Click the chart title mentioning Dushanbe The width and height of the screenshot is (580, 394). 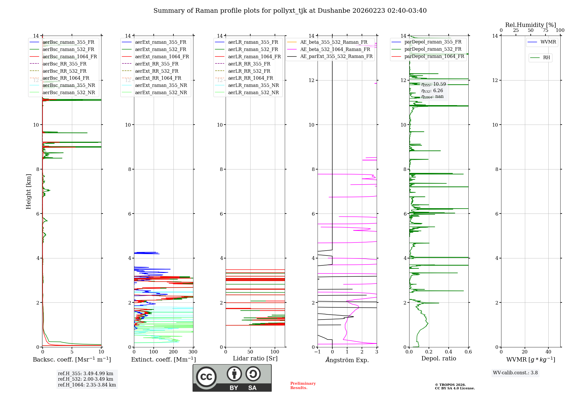click(x=290, y=11)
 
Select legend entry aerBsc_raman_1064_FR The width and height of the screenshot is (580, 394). click(x=70, y=56)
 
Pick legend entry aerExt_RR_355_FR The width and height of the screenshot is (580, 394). click(x=157, y=64)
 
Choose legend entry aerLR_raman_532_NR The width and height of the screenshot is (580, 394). click(x=253, y=92)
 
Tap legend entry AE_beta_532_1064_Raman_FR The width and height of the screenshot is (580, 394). click(x=335, y=49)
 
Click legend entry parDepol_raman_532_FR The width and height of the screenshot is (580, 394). click(x=433, y=49)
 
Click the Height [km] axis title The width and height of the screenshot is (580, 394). click(x=28, y=191)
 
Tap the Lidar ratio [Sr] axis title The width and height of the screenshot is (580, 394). click(x=255, y=358)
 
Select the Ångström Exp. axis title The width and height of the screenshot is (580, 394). click(x=347, y=360)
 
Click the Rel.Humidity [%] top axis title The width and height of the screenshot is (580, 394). click(x=530, y=25)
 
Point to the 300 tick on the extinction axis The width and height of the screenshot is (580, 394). click(x=193, y=352)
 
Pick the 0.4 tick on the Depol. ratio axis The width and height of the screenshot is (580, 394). click(x=449, y=352)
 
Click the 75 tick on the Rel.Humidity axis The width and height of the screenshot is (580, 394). click(x=545, y=30)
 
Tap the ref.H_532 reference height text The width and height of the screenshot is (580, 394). click(x=86, y=379)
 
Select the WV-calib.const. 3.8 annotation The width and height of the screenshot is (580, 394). click(x=515, y=373)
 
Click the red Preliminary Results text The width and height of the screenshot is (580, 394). click(x=303, y=385)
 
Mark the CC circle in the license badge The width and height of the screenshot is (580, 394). click(x=206, y=377)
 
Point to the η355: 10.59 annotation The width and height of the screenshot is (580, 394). click(x=434, y=84)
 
